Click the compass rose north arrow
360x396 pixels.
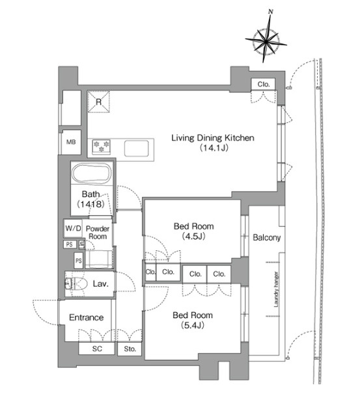(266, 38)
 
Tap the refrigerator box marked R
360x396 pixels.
(98, 102)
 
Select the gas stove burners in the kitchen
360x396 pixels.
(101, 146)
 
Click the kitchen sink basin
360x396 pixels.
(136, 148)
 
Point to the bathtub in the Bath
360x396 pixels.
(92, 174)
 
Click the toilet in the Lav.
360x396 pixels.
(76, 284)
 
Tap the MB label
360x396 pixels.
(71, 142)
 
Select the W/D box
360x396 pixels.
(73, 228)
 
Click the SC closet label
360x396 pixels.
(97, 349)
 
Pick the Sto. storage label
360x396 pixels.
(130, 349)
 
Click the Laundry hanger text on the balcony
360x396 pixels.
(276, 289)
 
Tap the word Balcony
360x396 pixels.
(267, 237)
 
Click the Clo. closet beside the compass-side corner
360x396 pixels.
(264, 84)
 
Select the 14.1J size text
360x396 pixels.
(214, 148)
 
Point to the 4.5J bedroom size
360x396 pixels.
(193, 236)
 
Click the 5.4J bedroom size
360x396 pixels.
(193, 325)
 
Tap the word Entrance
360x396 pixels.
(86, 317)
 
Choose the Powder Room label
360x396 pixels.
(98, 232)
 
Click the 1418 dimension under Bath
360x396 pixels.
(90, 204)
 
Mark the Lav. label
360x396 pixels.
(101, 284)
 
